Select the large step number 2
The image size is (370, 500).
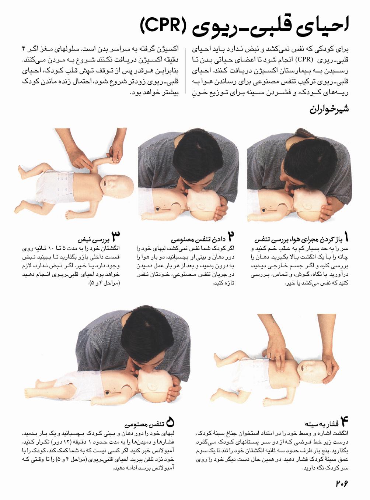(x=231, y=236)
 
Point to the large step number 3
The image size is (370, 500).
(x=115, y=236)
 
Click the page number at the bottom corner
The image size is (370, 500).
(x=342, y=483)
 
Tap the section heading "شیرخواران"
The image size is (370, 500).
(x=329, y=109)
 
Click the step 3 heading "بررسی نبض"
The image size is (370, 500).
(x=93, y=240)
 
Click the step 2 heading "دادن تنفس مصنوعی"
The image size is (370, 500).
(x=198, y=240)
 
